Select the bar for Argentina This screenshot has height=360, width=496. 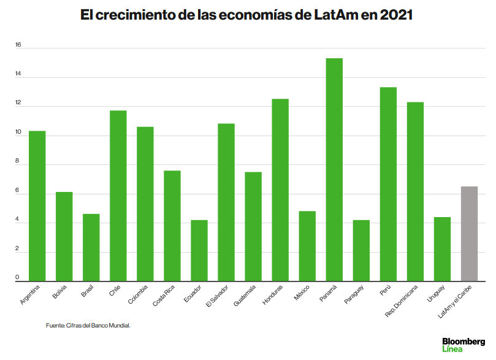[37, 206]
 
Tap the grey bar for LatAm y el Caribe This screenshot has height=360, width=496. [469, 234]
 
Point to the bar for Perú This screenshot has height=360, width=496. [388, 184]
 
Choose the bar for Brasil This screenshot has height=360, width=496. [91, 247]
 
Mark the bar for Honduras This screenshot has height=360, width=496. [280, 190]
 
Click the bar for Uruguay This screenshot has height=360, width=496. [442, 249]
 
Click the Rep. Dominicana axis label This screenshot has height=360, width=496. [402, 301]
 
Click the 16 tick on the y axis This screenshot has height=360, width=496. [18, 45]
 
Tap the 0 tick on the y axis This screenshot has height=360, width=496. [18, 279]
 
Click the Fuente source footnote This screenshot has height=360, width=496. [88, 326]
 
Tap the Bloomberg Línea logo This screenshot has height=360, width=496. [463, 344]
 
